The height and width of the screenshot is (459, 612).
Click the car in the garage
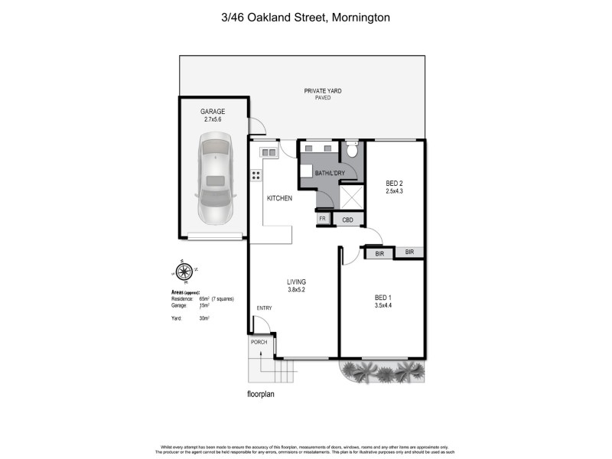pyautogui.click(x=213, y=179)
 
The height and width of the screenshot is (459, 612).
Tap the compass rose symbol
pyautogui.click(x=184, y=270)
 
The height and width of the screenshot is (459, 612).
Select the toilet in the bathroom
pyautogui.click(x=351, y=149)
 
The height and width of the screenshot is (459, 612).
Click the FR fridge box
pyautogui.click(x=322, y=220)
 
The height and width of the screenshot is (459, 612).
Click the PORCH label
pyautogui.click(x=259, y=342)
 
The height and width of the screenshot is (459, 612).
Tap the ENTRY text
pyautogui.click(x=265, y=308)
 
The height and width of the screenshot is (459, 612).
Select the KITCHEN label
pyautogui.click(x=279, y=199)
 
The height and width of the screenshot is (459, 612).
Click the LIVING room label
pyautogui.click(x=297, y=281)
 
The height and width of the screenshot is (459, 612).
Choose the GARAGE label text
pyautogui.click(x=213, y=112)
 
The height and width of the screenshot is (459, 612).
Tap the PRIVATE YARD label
pyautogui.click(x=323, y=91)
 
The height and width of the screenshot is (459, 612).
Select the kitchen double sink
pyautogui.click(x=269, y=152)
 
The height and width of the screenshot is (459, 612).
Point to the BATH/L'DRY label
pyautogui.click(x=330, y=173)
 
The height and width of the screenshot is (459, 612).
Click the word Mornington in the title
pyautogui.click(x=361, y=16)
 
